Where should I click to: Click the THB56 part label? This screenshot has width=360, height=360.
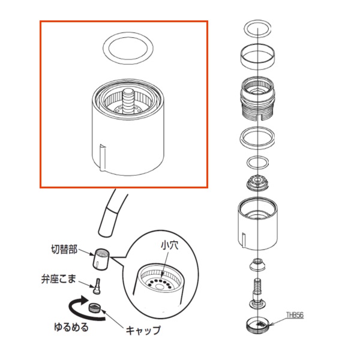click(x=295, y=315)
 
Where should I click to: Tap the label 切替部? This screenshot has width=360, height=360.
click(x=64, y=250)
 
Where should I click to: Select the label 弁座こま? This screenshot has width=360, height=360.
click(x=59, y=279)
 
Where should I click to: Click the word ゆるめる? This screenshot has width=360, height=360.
click(x=71, y=327)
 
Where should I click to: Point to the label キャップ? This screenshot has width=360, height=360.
click(x=143, y=331)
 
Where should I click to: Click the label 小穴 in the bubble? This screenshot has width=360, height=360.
click(x=169, y=245)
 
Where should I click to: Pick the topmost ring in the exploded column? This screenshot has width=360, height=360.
click(x=257, y=28)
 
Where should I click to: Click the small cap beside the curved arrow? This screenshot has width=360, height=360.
click(x=94, y=307)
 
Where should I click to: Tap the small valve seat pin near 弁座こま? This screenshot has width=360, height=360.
click(x=97, y=286)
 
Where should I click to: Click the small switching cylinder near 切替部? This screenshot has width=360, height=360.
click(x=101, y=259)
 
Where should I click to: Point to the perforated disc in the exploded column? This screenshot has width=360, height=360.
click(x=257, y=182)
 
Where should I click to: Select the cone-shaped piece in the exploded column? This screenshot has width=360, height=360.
click(x=257, y=265)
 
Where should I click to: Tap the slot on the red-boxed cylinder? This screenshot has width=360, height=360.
click(x=103, y=158)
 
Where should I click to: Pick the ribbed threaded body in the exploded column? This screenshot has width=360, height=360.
click(x=257, y=99)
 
